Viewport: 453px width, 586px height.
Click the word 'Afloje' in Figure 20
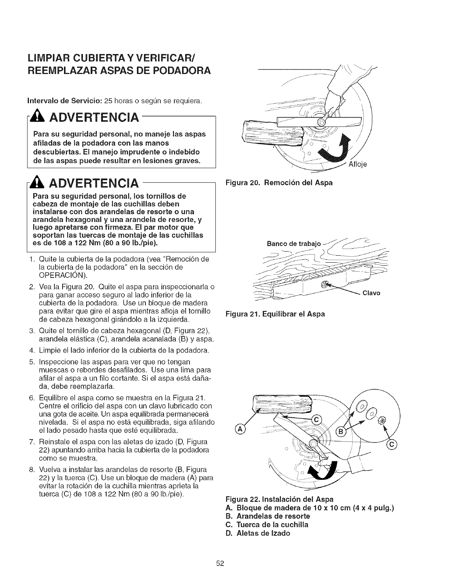click(x=358, y=165)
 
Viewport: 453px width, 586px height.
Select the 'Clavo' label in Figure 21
click(x=372, y=293)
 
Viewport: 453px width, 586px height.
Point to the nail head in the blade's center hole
click(x=325, y=285)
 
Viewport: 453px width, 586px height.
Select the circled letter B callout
click(x=339, y=432)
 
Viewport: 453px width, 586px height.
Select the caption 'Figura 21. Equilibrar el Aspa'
click(x=275, y=314)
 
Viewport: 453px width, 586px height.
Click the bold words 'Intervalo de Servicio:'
click(x=65, y=101)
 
